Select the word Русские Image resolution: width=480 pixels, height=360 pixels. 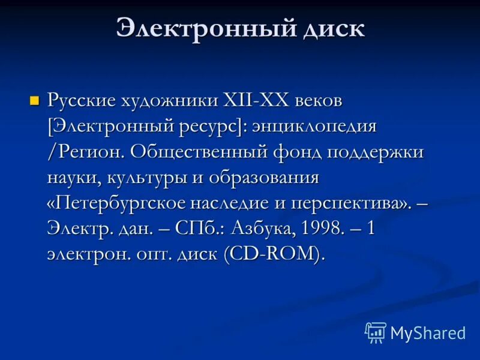click(x=82, y=100)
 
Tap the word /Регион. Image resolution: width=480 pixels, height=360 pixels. click(x=85, y=152)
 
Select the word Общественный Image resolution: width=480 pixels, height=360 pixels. click(x=198, y=152)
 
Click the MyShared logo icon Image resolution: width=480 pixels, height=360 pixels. click(x=376, y=332)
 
